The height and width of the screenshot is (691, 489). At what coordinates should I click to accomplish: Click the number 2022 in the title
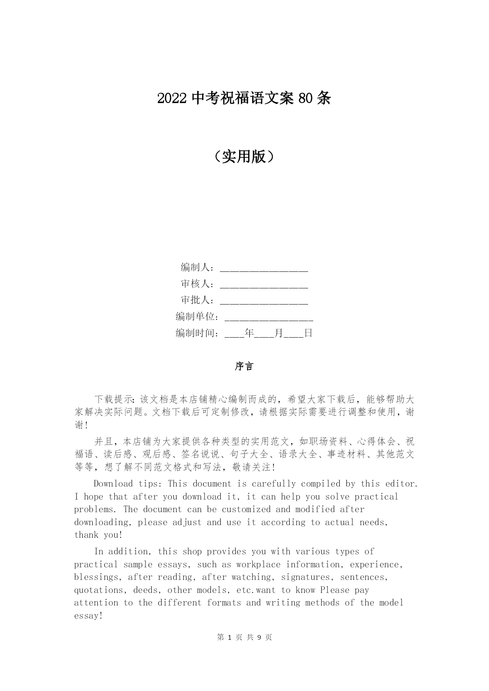point(172,98)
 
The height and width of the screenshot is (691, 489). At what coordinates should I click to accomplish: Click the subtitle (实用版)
point(244,157)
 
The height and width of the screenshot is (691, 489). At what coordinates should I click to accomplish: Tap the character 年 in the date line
point(249,333)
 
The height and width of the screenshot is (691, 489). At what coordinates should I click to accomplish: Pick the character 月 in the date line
point(279,333)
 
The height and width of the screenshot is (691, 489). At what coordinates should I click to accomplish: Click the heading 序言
point(244,366)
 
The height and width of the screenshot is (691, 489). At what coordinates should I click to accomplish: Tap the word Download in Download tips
point(113,484)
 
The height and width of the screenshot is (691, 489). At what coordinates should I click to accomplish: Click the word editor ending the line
point(401,484)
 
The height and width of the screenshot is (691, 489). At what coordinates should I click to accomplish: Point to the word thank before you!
point(86,535)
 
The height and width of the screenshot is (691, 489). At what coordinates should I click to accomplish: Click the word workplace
point(258,565)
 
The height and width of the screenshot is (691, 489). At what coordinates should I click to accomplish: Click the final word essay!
point(88,616)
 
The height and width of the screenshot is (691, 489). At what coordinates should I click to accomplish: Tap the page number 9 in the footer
point(259,637)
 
